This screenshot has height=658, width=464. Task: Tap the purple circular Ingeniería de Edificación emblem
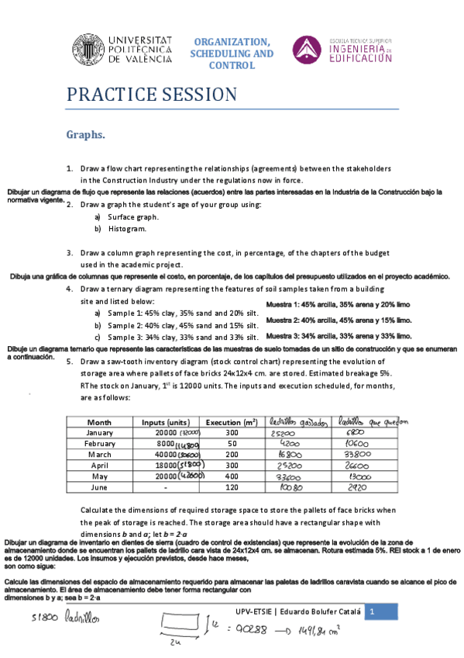coord(307,50)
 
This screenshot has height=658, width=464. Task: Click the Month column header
coord(100,421)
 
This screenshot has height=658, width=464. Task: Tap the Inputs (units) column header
coord(166,421)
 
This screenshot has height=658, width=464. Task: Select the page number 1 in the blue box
coord(372,613)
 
